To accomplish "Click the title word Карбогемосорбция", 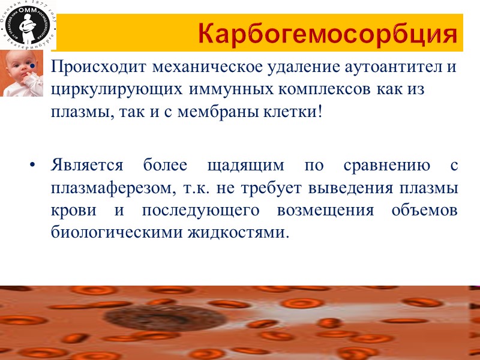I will pyautogui.click(x=332, y=35).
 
